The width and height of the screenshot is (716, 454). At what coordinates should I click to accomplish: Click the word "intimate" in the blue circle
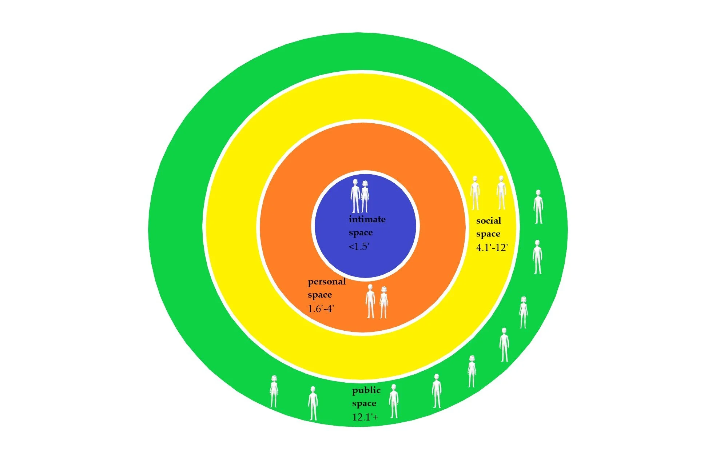point(367,219)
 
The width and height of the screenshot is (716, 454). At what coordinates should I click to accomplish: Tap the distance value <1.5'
point(359,247)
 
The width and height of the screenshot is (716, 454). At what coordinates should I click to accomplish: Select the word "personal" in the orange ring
point(326,282)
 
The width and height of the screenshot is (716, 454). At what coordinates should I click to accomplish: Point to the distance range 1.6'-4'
point(321,309)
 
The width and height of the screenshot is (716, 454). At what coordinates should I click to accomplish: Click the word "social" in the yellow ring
point(488,221)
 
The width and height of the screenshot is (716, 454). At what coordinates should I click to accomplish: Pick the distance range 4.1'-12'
point(492,248)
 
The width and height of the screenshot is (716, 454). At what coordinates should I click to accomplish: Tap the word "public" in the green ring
point(366,390)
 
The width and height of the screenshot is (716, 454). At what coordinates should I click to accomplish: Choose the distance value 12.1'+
point(365,417)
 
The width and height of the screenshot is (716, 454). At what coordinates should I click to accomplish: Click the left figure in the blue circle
point(355,196)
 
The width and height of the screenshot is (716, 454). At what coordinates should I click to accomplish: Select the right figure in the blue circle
point(365,197)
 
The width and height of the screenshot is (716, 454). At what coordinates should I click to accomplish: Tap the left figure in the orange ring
point(370,301)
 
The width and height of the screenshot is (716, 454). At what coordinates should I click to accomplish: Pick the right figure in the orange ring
point(383,302)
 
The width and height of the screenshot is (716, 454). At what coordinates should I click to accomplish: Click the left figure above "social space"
point(475,193)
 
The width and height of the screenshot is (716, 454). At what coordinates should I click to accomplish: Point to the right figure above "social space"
point(501,192)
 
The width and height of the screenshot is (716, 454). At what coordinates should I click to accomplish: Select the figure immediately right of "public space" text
point(393,401)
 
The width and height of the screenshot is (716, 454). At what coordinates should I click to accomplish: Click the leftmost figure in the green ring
point(274,391)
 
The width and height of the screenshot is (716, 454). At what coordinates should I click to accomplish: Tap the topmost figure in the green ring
point(538,207)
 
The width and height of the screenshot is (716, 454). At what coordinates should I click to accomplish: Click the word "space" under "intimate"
point(361,233)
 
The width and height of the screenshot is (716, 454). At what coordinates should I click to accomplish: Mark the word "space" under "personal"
point(319,295)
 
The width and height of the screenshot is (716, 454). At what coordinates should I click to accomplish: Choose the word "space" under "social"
point(488,234)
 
